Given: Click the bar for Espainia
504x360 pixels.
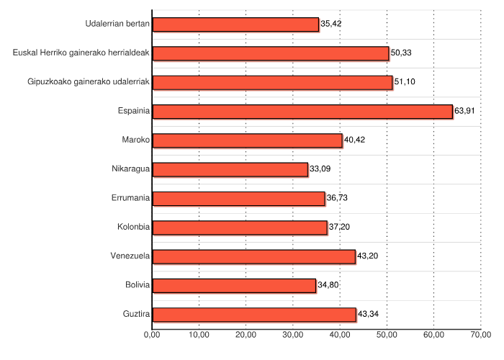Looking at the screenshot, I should pyautogui.click(x=302, y=111).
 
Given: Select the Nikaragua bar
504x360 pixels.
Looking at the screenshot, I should pyautogui.click(x=230, y=169).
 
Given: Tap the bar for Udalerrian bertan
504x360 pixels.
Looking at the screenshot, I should pyautogui.click(x=235, y=24).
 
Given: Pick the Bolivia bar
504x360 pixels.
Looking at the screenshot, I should pyautogui.click(x=234, y=285).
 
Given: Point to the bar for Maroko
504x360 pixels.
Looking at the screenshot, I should pyautogui.click(x=247, y=140).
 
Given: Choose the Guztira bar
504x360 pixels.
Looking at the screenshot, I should pyautogui.click(x=254, y=314).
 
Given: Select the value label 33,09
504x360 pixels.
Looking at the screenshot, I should pyautogui.click(x=320, y=168).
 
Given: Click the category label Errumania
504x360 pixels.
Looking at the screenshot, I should pyautogui.click(x=130, y=197).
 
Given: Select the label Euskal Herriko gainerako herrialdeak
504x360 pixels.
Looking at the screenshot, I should pyautogui.click(x=81, y=53).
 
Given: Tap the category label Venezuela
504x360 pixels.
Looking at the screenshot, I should pyautogui.click(x=130, y=256).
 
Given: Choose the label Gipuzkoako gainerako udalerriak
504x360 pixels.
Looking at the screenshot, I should pyautogui.click(x=88, y=81).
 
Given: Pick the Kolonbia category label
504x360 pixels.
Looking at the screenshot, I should pyautogui.click(x=133, y=227).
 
